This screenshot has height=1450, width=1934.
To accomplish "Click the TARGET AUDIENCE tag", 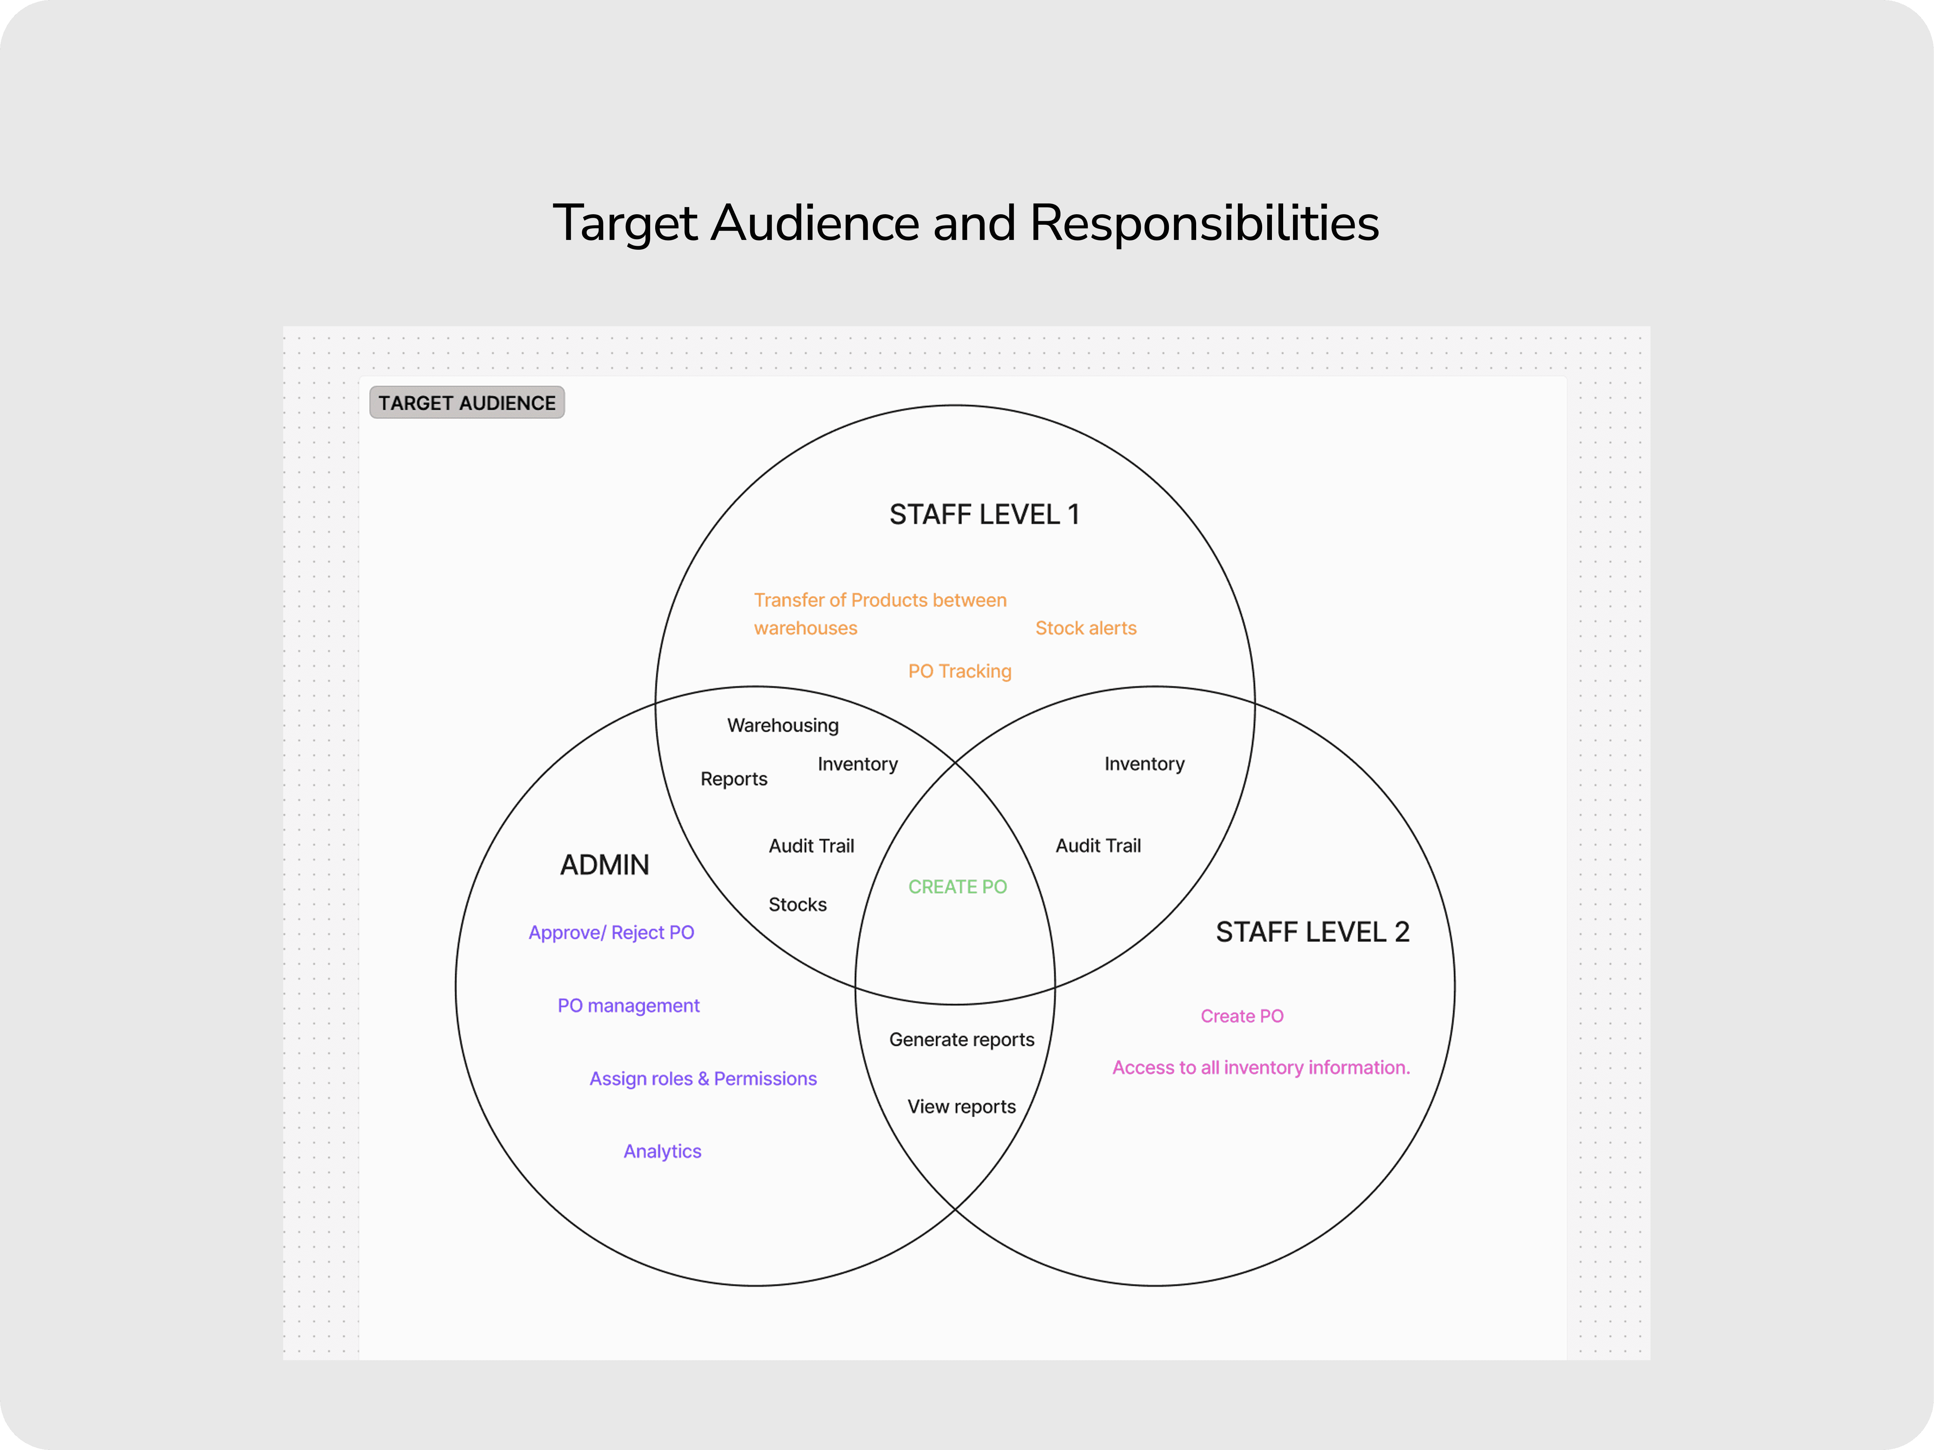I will coord(467,403).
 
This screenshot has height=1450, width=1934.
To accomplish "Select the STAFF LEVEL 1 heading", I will coord(984,515).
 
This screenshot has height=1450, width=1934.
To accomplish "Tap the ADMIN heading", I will coord(604,865).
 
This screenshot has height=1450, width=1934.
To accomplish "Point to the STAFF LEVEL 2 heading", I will coord(1313,933).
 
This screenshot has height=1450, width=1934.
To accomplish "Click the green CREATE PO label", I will coord(957,887).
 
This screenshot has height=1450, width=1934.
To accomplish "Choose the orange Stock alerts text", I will coord(1086,629).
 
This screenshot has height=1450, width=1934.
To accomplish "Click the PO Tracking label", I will coord(959,671).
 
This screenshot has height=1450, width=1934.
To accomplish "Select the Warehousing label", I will coord(782,725).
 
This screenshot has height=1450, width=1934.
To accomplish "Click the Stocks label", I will coord(797,904).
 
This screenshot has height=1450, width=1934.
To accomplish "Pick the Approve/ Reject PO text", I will coord(611,933).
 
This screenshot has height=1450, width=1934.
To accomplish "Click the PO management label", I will coord(629,1006).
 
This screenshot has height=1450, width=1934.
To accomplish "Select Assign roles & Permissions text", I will coord(703,1078).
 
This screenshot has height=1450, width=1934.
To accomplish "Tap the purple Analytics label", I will coord(662,1152).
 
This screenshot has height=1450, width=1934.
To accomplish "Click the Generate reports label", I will coord(962,1040).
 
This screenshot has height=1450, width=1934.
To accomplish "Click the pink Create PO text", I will coord(1241,1016).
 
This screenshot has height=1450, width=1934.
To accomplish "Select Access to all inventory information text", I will coord(1261,1068).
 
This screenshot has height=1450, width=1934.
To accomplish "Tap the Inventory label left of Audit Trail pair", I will coord(858,764).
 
